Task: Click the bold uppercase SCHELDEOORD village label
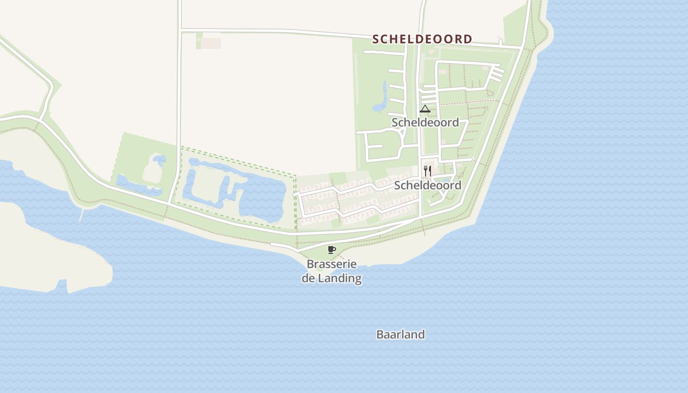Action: (x=422, y=39)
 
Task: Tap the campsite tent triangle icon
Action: (x=425, y=109)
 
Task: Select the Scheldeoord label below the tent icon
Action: (x=425, y=122)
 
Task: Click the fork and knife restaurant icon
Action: (x=428, y=171)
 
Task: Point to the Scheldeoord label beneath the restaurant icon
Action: (x=428, y=185)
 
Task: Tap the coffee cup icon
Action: (x=332, y=250)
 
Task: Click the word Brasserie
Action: (x=332, y=264)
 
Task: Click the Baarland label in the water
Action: (x=401, y=335)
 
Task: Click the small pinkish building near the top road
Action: (x=211, y=43)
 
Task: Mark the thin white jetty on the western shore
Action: (x=81, y=215)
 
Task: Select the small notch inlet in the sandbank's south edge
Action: (x=62, y=284)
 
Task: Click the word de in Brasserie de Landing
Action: (x=308, y=279)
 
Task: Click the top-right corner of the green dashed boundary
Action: (x=295, y=176)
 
